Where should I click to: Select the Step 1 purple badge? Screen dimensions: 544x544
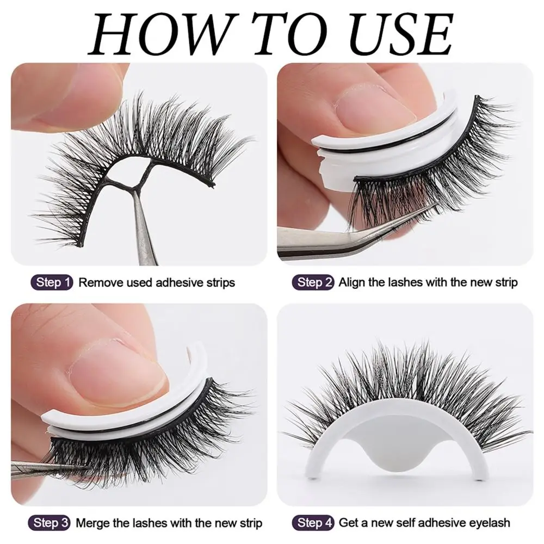[x=53, y=282]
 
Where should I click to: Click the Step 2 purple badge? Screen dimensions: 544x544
[x=315, y=282]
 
